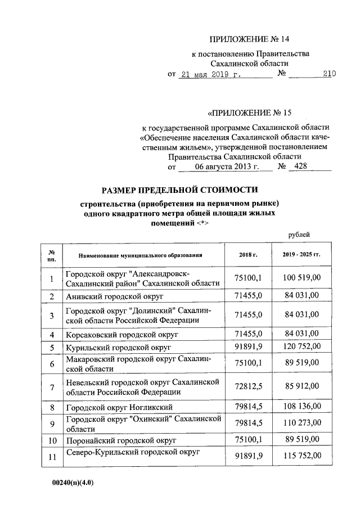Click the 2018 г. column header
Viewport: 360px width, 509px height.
click(x=247, y=255)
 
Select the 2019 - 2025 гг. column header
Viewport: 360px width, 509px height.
click(x=301, y=255)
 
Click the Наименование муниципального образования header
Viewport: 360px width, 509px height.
click(x=140, y=255)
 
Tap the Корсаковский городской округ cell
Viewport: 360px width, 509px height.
click(x=121, y=335)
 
